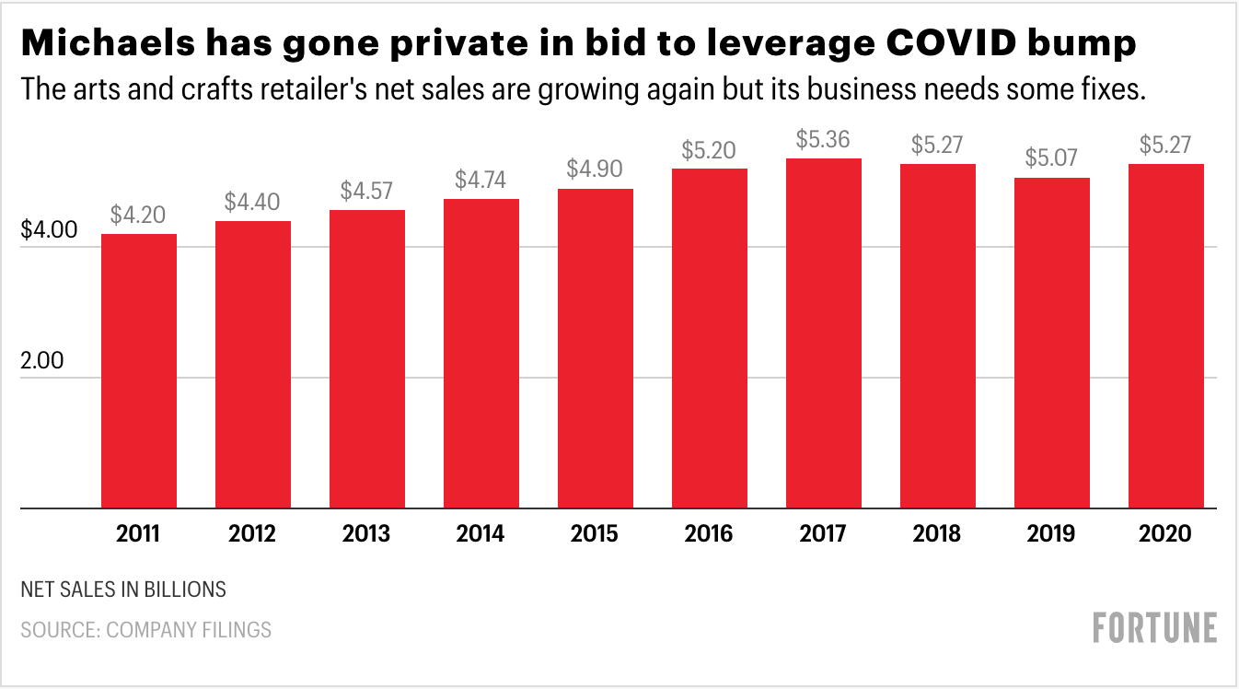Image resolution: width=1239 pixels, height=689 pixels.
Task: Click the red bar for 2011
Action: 139,370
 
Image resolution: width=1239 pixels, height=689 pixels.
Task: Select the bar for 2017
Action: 823,333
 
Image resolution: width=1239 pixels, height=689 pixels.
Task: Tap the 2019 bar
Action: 1051,343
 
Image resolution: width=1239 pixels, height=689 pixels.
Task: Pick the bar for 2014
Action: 481,353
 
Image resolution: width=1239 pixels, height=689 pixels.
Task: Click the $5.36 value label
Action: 823,140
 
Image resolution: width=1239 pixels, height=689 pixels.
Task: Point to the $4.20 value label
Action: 138,216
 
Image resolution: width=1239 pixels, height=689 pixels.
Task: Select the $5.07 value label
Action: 1051,159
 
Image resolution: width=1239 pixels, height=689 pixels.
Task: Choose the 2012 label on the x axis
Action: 253,534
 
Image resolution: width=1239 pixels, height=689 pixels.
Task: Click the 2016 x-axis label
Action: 709,534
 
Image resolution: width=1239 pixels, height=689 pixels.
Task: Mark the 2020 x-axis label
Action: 1165,534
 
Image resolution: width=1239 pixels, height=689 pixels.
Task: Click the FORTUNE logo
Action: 1155,628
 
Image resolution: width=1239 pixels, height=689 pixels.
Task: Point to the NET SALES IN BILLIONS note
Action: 122,589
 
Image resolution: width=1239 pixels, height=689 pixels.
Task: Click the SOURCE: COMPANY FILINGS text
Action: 145,630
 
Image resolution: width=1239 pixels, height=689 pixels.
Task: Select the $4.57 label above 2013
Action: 366,192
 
